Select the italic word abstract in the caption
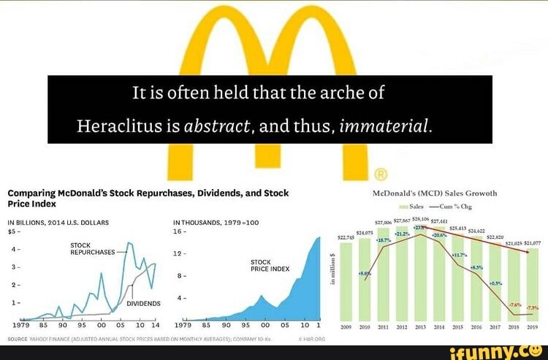(x=218, y=125)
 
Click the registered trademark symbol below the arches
(x=380, y=174)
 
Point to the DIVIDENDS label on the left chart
(x=144, y=302)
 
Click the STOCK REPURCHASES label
(x=91, y=248)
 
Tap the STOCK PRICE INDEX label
(x=270, y=264)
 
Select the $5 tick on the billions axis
(x=12, y=231)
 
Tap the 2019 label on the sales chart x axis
(x=532, y=328)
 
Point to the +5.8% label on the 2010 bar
(x=364, y=273)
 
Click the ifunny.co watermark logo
(x=497, y=351)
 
